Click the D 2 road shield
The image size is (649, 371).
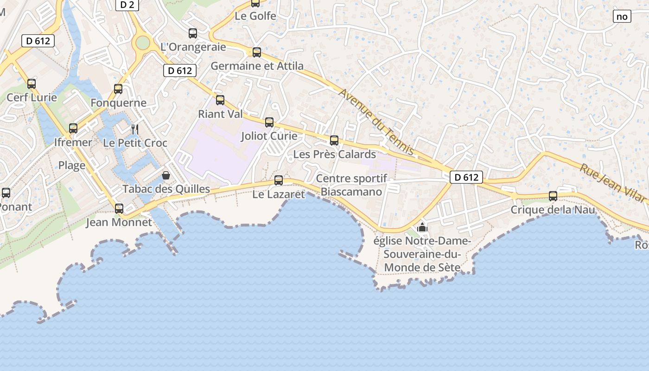[127, 5]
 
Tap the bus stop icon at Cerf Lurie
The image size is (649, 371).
[32, 84]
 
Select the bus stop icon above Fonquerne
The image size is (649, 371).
[118, 89]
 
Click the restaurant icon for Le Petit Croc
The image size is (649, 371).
[135, 129]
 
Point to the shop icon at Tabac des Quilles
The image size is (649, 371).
[166, 175]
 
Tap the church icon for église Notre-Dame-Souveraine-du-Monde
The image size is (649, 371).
[422, 227]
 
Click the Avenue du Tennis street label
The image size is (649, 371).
[376, 122]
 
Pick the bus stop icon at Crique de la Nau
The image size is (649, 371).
[553, 196]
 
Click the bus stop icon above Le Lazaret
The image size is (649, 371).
[279, 180]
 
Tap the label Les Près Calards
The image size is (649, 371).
[335, 154]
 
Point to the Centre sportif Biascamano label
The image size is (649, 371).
[352, 185]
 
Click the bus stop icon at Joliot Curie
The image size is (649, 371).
[269, 122]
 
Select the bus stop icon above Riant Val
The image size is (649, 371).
[220, 100]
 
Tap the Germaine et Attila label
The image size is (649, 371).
[257, 66]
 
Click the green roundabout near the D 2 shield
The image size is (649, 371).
[143, 43]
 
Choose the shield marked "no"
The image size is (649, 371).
[622, 17]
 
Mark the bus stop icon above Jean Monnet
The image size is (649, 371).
[119, 208]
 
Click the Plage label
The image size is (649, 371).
[72, 166]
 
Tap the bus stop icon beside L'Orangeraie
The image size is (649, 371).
[193, 33]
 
